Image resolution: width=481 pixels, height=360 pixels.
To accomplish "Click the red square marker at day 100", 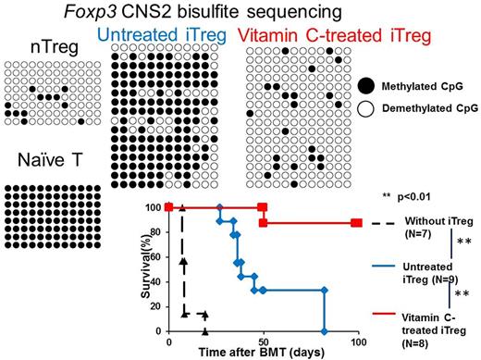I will pyautogui.click(x=357, y=223).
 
